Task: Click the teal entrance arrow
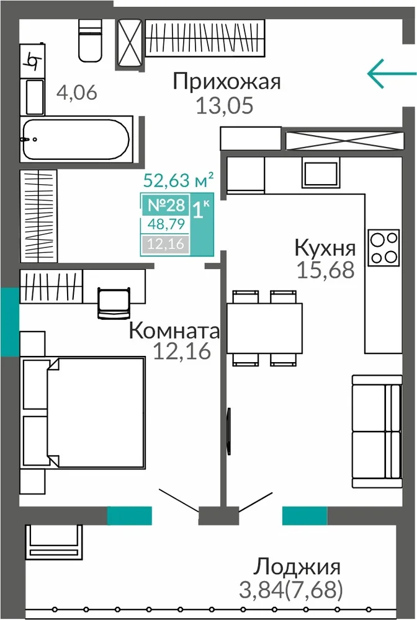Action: tap(392, 74)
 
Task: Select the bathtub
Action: tap(76, 139)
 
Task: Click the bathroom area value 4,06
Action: tap(77, 93)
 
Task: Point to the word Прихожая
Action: tap(226, 82)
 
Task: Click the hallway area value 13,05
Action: tap(225, 105)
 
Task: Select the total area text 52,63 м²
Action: tap(179, 180)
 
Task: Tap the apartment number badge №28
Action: tap(166, 205)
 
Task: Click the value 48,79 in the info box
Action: tap(166, 224)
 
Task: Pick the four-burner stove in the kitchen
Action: tap(383, 247)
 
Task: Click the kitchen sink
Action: tap(321, 172)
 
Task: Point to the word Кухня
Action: tap(325, 248)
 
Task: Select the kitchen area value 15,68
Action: tap(325, 270)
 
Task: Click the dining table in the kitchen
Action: tap(264, 328)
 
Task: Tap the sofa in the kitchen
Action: tap(377, 431)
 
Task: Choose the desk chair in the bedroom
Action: tap(114, 303)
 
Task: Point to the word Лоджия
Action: tap(297, 567)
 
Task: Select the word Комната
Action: tap(174, 330)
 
